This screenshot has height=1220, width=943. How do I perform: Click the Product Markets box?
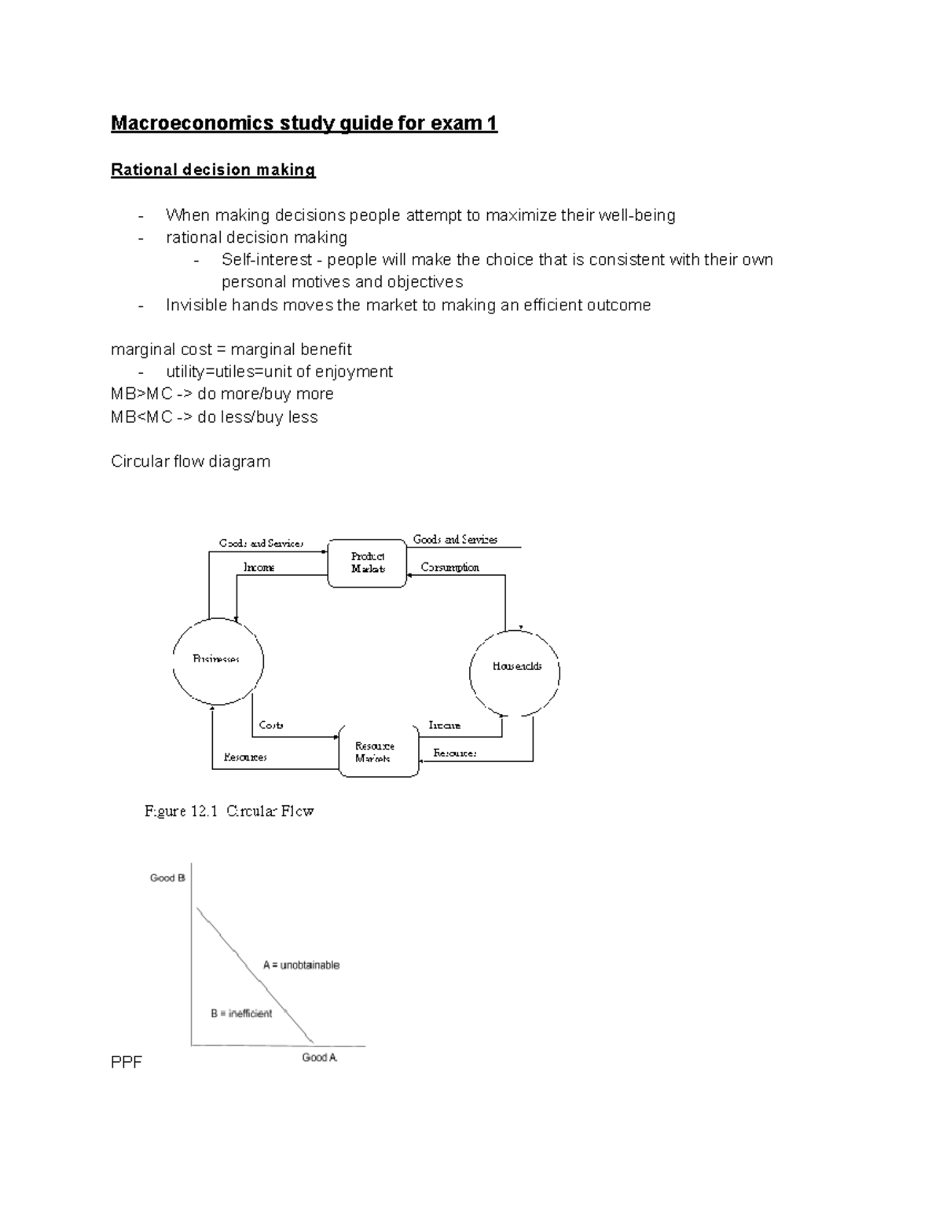point(367,562)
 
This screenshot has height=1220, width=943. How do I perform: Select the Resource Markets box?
point(378,752)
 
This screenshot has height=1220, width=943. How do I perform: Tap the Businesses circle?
point(218,660)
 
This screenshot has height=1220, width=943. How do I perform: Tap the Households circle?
point(516,667)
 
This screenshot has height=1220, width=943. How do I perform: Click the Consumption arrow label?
point(449,567)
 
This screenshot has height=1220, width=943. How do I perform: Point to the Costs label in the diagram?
point(271,725)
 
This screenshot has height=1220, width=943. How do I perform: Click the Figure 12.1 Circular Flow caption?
point(229,812)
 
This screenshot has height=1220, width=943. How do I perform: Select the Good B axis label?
point(167,878)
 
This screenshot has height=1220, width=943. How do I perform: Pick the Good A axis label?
point(320,1058)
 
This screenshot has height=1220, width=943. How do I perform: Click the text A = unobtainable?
point(301,965)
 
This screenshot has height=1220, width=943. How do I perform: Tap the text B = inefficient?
point(241,1014)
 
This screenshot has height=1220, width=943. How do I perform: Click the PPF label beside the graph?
point(127,1064)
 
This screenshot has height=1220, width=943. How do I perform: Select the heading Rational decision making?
point(213,170)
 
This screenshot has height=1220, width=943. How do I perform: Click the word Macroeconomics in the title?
point(193,123)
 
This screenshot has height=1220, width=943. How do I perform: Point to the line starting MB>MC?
point(222,394)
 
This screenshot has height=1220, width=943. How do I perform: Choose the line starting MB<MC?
point(214,417)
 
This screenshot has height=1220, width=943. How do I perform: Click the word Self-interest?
point(266,260)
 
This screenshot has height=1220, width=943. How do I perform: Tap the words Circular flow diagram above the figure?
point(190,462)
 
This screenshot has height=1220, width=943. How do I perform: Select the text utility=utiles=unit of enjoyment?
point(279,372)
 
